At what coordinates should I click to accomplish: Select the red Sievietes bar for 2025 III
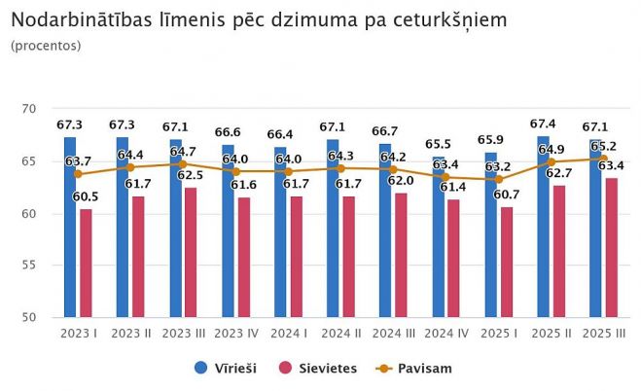point(611,247)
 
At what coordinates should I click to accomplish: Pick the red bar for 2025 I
point(506,262)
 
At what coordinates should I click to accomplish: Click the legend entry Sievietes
point(319,368)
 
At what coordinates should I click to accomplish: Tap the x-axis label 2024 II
point(340,334)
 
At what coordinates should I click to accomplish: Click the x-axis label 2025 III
point(603,334)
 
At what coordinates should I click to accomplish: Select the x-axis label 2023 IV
point(235,334)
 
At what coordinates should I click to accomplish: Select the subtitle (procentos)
point(46,45)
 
